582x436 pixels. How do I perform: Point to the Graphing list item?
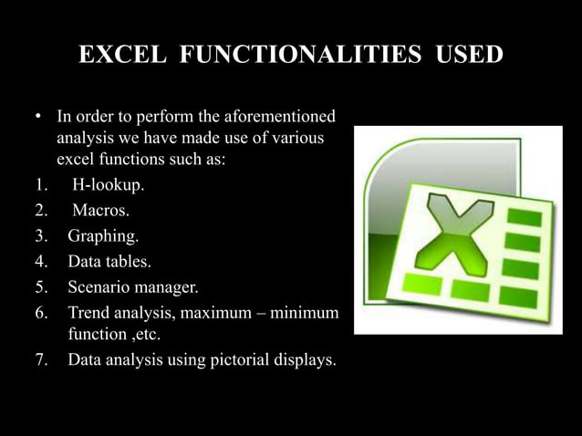click(103, 238)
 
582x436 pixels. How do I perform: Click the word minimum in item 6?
click(306, 315)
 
